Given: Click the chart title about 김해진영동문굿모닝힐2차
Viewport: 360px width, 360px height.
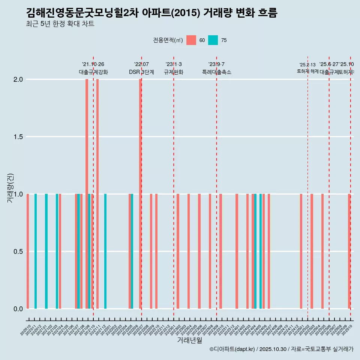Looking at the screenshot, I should [151, 13].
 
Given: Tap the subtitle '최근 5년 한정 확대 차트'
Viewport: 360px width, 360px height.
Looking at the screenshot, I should [60, 24].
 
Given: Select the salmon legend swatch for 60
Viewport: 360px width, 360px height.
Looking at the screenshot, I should [191, 40].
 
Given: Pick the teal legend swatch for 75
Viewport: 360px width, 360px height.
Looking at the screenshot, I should [213, 40].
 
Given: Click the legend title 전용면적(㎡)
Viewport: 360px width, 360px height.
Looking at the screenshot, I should [168, 40].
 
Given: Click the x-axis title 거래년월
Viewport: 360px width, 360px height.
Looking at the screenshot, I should [189, 340].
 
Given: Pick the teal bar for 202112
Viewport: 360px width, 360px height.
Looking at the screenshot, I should [105, 251].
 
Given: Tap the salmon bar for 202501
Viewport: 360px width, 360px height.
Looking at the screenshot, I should [301, 251].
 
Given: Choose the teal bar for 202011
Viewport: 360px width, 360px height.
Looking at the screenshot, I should [36, 251].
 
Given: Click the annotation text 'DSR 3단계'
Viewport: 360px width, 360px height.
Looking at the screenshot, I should [141, 72].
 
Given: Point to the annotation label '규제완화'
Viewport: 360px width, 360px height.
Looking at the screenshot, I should [174, 72].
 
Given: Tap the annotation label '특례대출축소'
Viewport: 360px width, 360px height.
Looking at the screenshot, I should [216, 72].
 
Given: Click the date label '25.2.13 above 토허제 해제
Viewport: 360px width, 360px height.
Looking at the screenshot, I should [307, 65].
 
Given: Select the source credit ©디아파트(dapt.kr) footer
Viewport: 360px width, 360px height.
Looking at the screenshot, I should [281, 349].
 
